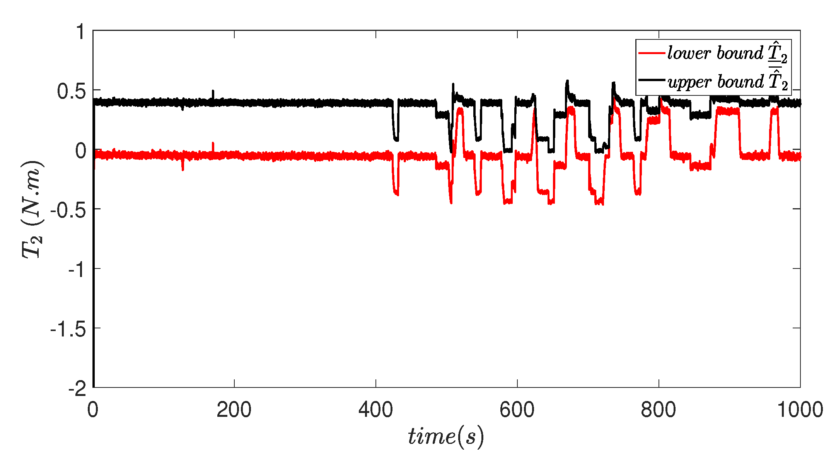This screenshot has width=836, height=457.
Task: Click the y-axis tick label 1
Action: [80, 32]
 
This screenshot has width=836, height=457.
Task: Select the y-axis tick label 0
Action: [80, 151]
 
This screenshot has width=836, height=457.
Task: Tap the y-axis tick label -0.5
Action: [68, 211]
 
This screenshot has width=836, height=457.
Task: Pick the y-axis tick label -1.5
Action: [68, 330]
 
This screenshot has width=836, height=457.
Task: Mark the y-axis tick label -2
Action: [77, 389]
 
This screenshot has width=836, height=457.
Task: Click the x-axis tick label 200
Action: [234, 410]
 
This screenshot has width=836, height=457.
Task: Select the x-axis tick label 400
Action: [375, 410]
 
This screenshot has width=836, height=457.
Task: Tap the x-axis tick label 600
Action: [517, 410]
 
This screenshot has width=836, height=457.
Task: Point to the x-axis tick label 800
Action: [658, 410]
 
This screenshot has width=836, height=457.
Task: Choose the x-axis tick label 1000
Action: [800, 410]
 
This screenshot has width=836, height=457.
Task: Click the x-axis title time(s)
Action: [446, 437]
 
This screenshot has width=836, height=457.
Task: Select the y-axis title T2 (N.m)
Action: [32, 209]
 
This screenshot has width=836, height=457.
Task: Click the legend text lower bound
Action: [715, 53]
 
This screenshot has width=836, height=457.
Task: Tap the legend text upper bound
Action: [715, 82]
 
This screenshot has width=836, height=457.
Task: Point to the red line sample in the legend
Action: [652, 53]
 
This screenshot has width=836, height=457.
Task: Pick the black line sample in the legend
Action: [652, 80]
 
